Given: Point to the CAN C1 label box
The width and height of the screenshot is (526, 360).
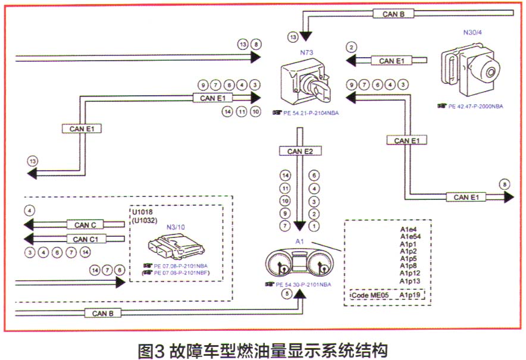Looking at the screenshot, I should (x=85, y=239).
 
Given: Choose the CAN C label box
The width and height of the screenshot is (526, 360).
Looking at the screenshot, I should (x=85, y=225).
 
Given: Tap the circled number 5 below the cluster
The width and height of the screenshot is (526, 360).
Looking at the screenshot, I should (x=288, y=293).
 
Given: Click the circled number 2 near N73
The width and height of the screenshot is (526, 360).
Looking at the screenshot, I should (x=352, y=48).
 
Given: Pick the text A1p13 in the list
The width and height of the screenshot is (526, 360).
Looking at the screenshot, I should (x=409, y=281).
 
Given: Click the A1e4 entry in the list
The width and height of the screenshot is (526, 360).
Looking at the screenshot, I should (x=408, y=228).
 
